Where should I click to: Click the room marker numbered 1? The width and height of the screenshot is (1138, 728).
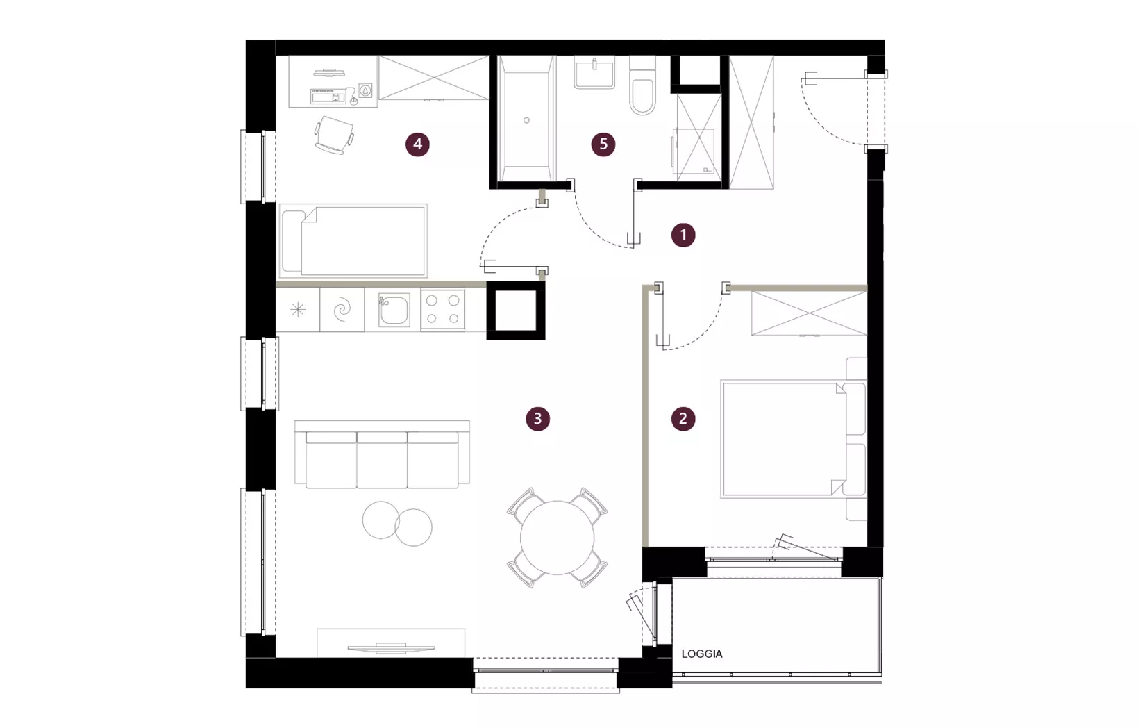[x=683, y=235]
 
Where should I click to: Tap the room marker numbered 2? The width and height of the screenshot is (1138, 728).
[x=683, y=418]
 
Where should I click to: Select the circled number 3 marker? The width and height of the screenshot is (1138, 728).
[x=537, y=418]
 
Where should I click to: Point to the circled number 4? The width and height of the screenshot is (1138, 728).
[x=417, y=144]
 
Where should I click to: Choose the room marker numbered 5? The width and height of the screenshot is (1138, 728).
[x=603, y=144]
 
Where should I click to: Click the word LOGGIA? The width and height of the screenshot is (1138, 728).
[x=701, y=654]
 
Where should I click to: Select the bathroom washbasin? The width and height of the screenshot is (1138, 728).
[x=594, y=72]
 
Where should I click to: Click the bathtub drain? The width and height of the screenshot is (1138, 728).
[x=526, y=120]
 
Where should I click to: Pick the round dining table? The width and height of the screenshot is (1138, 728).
[x=558, y=538]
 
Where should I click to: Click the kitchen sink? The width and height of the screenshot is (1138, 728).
[x=394, y=310]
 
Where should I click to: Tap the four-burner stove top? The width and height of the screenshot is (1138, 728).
[x=442, y=310]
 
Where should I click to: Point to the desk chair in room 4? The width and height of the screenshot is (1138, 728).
[x=334, y=135]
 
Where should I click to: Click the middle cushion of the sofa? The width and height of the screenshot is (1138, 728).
[x=382, y=460]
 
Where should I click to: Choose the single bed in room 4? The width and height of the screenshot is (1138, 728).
[x=353, y=240]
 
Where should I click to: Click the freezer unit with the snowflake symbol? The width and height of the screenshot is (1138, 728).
[x=298, y=310]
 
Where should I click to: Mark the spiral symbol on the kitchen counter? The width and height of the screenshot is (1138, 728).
[x=342, y=310]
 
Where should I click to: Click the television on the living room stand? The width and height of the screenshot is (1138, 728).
[x=391, y=647]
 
